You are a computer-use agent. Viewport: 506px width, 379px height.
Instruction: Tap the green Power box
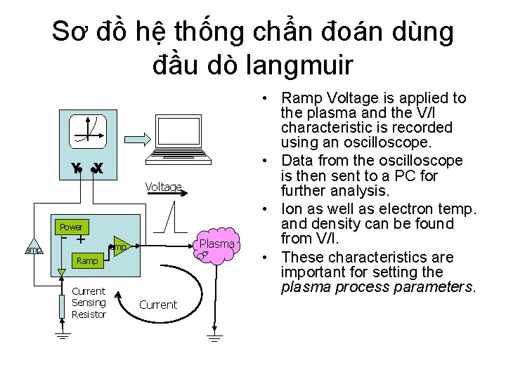coord(71,227)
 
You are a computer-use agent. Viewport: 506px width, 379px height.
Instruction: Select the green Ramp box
coord(87,260)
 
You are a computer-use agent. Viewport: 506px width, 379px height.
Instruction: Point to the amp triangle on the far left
coord(33,249)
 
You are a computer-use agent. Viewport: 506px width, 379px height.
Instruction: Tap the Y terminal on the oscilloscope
coord(76,168)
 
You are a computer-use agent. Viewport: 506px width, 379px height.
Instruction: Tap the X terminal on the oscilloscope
coord(98,168)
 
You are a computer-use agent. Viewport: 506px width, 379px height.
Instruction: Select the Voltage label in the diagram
coord(163,187)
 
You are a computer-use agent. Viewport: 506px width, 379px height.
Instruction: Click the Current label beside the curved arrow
coord(158,305)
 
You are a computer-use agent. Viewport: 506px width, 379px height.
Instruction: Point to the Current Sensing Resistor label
coord(89,302)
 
